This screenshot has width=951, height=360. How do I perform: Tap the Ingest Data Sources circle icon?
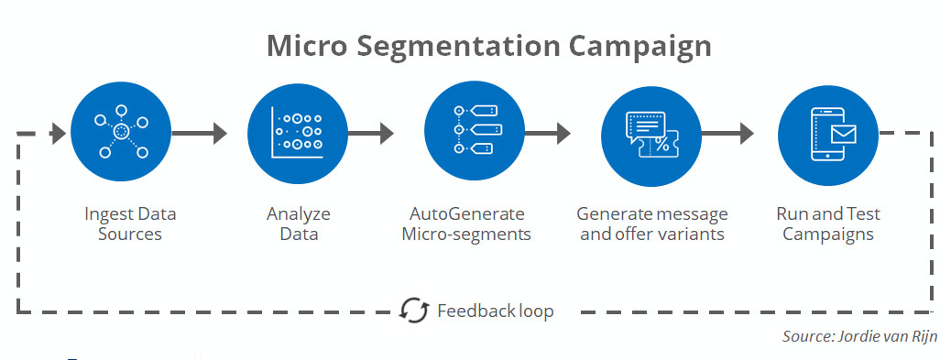coord(122,133)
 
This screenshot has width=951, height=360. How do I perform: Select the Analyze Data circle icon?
coord(298,133)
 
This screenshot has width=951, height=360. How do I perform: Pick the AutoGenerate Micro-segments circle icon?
coord(474,133)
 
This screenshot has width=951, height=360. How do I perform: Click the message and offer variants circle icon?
coord(650,133)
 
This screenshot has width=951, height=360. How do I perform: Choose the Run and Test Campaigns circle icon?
coord(827,133)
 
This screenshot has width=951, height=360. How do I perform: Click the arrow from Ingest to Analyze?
coord(199,134)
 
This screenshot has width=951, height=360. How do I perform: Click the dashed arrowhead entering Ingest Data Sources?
coord(57,134)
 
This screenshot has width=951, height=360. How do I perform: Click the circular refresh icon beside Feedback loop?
coord(415,311)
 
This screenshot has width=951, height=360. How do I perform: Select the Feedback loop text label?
coord(495,311)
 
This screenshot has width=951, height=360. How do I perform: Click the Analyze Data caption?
coord(299,224)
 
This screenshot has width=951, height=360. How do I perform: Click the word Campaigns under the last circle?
coord(827,235)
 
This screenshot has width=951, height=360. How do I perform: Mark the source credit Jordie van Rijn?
coord(860,337)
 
